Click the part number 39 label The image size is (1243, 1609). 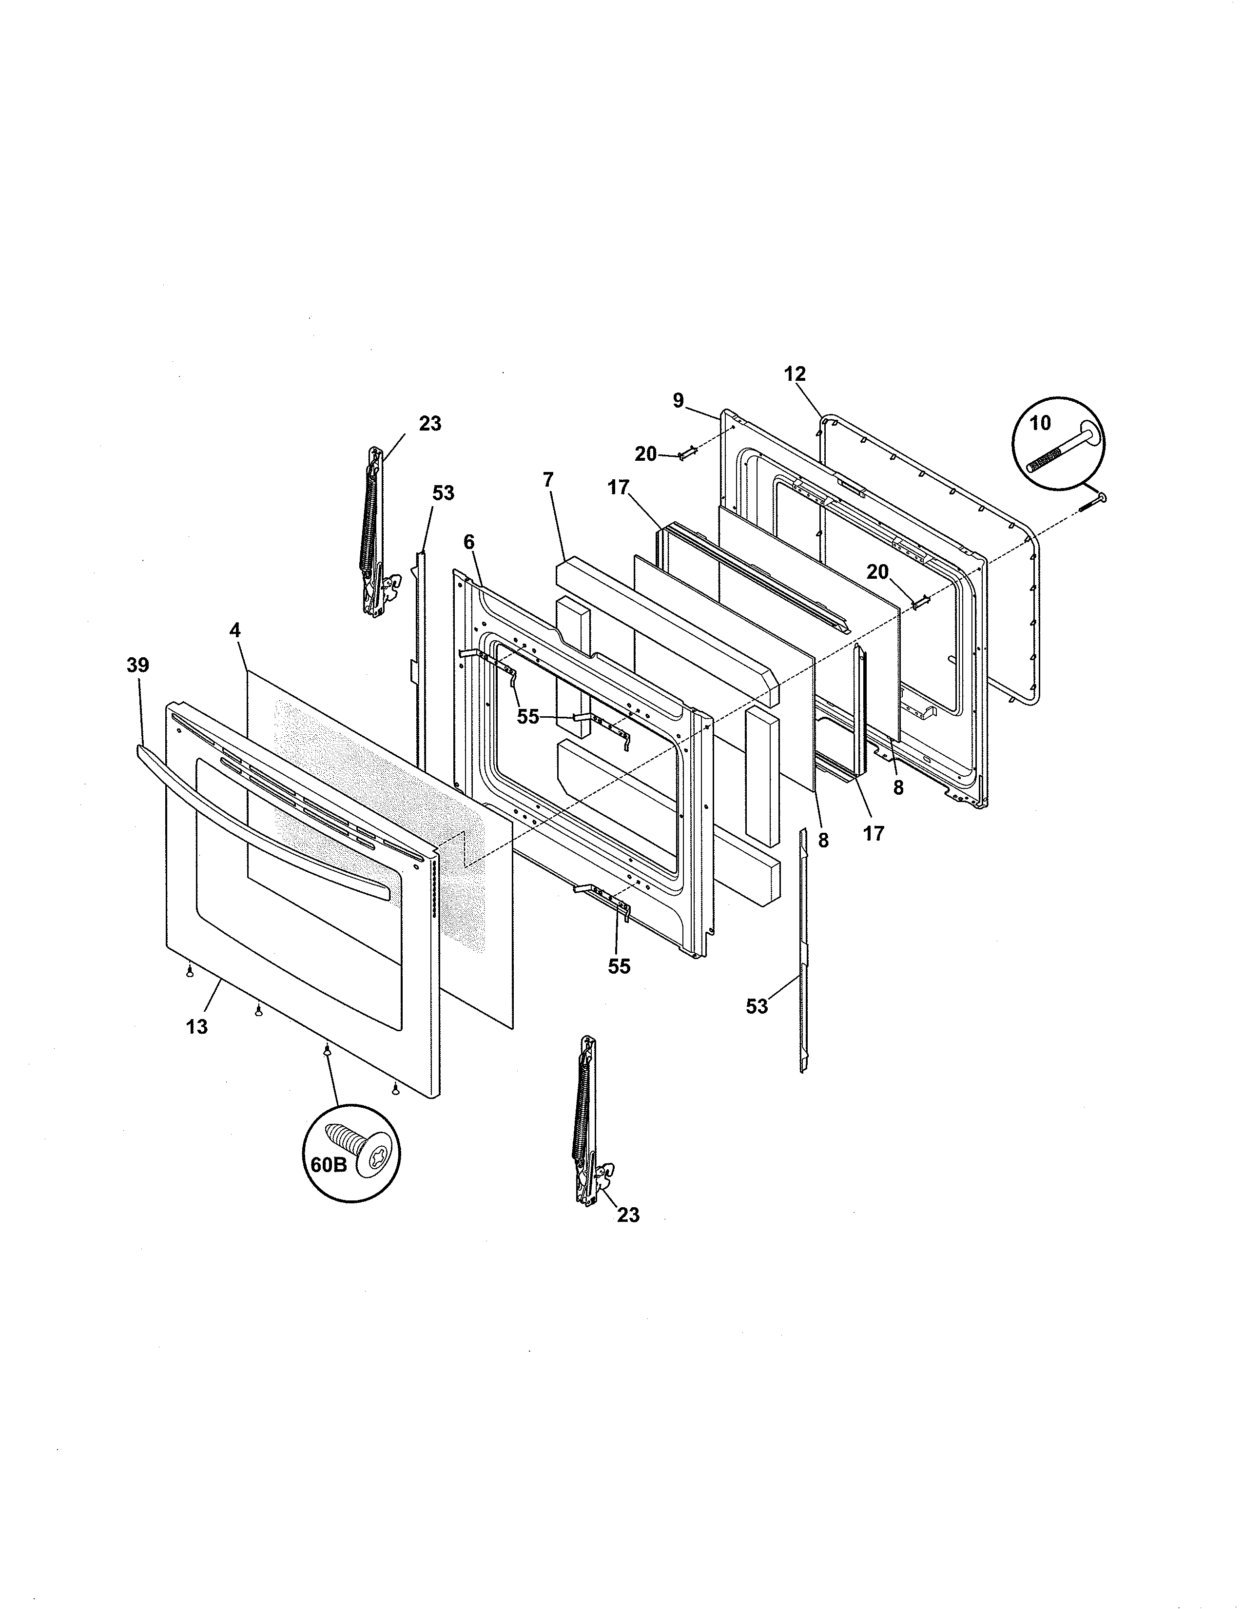coord(137,665)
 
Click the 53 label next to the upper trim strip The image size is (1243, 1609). coord(443,493)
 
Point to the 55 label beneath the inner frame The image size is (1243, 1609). coord(619,966)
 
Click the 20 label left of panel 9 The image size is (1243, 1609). coord(645,454)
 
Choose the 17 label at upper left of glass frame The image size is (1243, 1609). coord(619,487)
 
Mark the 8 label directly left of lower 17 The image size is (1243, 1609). coord(823,840)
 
